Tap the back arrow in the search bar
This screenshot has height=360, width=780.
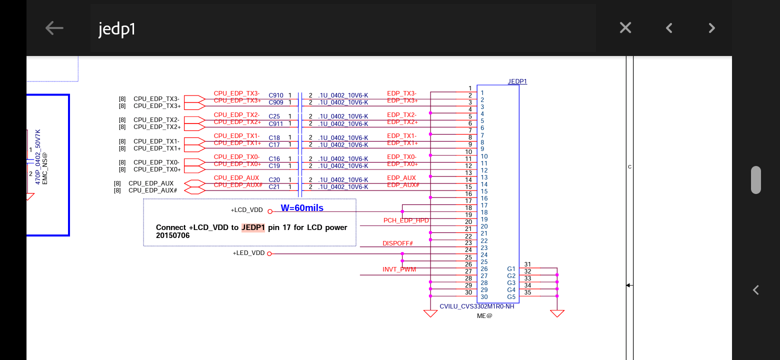click(54, 28)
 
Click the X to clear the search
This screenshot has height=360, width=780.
click(625, 28)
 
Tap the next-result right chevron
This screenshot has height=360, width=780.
click(712, 28)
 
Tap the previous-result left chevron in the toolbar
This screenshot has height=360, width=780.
click(669, 28)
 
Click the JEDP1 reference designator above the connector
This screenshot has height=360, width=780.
click(517, 81)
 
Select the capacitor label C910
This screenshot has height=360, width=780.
click(276, 95)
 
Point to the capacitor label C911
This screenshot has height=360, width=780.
click(275, 123)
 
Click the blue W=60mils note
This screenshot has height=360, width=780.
click(302, 208)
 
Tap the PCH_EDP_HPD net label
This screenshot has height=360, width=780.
click(406, 220)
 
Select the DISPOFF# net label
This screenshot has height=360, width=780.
click(397, 243)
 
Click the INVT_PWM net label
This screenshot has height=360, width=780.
click(399, 269)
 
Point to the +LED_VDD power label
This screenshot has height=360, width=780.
click(248, 253)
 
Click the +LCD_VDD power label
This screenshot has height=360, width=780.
click(246, 210)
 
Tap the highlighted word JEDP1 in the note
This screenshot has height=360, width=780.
click(253, 227)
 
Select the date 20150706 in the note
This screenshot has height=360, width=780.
click(172, 235)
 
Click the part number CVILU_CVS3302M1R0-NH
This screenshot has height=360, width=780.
click(476, 306)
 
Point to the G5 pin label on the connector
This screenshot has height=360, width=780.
click(511, 297)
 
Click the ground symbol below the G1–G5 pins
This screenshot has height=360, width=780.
click(557, 313)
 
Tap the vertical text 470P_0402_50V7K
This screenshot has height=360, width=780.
click(38, 156)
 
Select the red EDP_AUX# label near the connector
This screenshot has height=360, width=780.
click(403, 185)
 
